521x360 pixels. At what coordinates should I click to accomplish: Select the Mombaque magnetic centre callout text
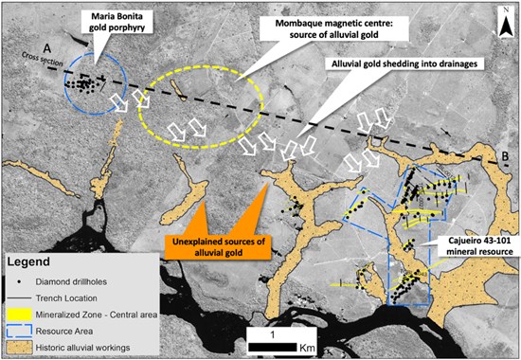[333, 28]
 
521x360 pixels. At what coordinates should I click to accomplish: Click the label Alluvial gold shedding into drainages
[404, 63]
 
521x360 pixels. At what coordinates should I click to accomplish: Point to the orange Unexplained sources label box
[218, 246]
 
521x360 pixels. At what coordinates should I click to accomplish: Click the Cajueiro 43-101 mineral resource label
[479, 246]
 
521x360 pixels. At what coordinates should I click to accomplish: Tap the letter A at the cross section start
[47, 48]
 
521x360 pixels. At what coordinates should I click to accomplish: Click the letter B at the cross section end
[503, 155]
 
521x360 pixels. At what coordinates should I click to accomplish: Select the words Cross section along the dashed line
[43, 59]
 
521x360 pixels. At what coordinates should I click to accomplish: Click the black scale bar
[273, 348]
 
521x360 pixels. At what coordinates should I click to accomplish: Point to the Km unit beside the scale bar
[307, 348]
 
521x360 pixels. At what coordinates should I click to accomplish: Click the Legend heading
[28, 261]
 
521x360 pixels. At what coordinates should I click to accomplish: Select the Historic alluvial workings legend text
[82, 348]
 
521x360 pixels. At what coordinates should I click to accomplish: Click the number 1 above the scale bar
[273, 334]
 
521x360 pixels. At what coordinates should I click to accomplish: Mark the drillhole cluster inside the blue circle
[84, 84]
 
